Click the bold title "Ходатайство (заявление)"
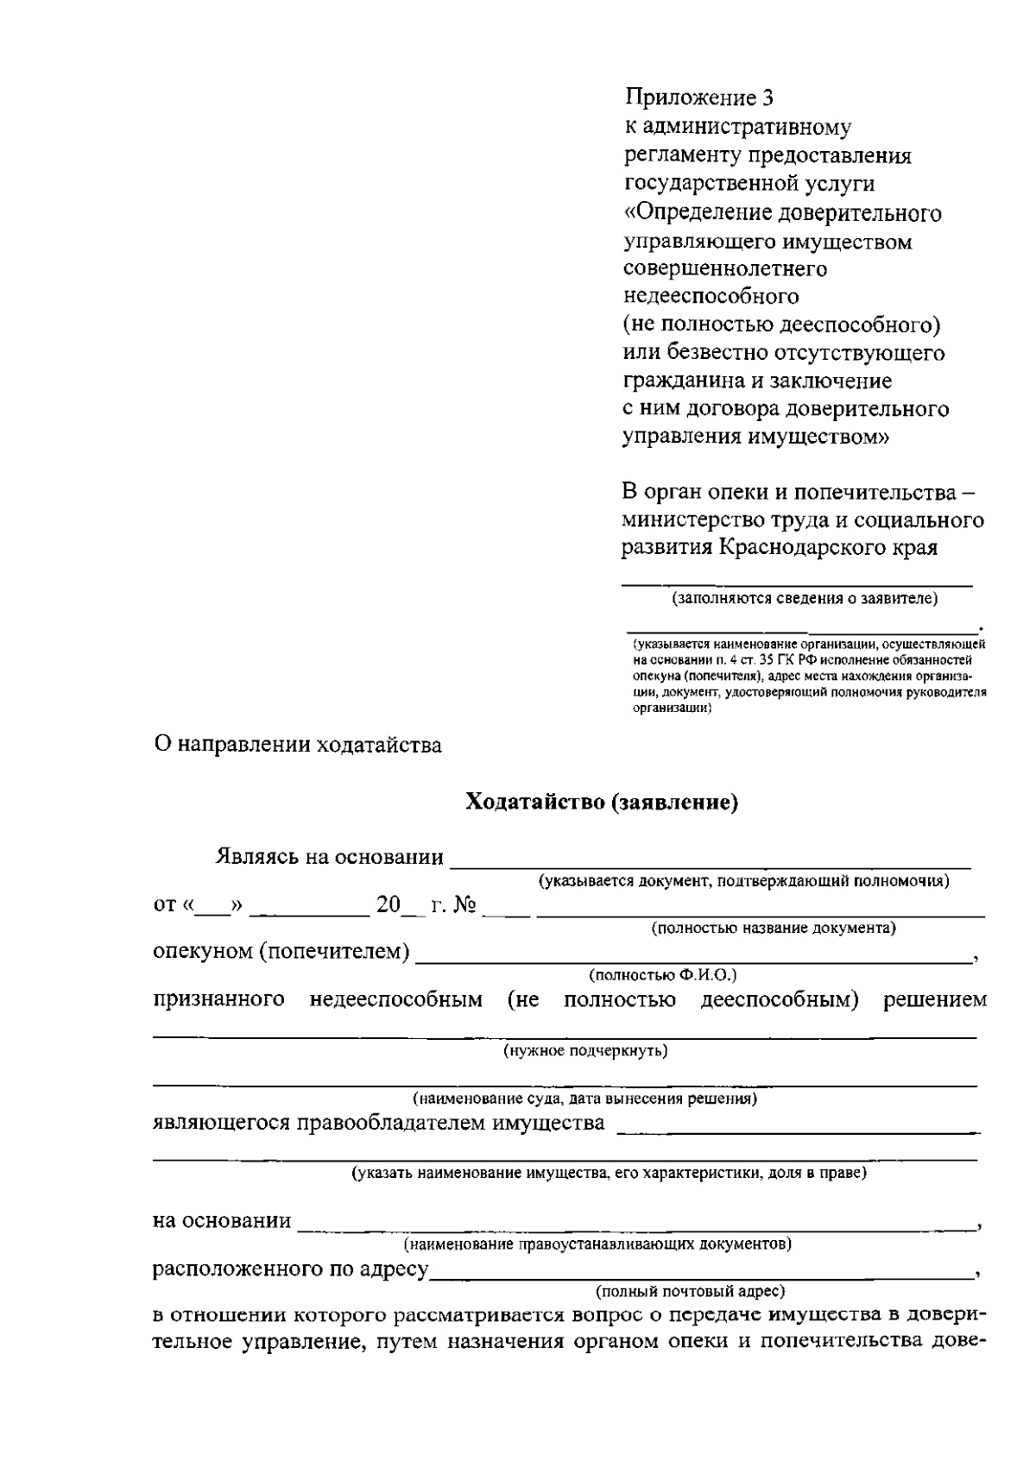[x=602, y=803]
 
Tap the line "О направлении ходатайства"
[x=297, y=745]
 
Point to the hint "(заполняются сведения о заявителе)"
[x=805, y=598]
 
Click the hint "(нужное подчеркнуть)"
[x=585, y=1050]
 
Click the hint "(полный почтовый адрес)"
[x=690, y=1291]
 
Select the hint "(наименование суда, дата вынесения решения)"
[x=584, y=1099]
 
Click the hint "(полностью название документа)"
[x=773, y=929]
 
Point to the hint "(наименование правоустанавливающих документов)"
[x=597, y=1244]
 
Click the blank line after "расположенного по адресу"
[x=699, y=1275]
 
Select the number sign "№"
[x=466, y=905]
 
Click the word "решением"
[x=934, y=1000]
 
